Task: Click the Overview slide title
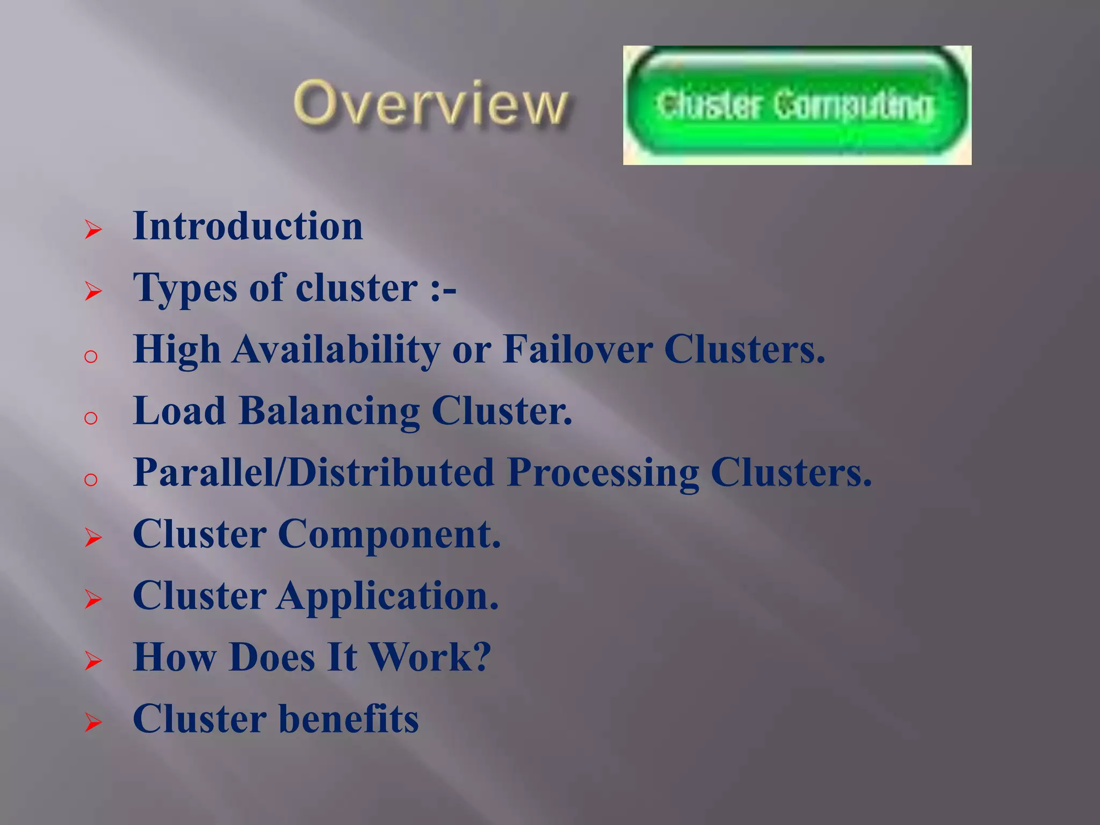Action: (430, 103)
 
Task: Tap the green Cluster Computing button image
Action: (797, 105)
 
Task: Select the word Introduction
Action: (248, 226)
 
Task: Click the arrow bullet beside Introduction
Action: (93, 230)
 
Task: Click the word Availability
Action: (336, 350)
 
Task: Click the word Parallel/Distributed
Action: (314, 473)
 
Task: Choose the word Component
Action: (389, 534)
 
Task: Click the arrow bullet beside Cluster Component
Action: (93, 538)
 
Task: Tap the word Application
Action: (388, 596)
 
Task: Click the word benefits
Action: (349, 719)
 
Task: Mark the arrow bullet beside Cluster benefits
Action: (93, 723)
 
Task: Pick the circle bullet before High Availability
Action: (91, 356)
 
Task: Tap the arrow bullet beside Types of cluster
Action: (93, 292)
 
